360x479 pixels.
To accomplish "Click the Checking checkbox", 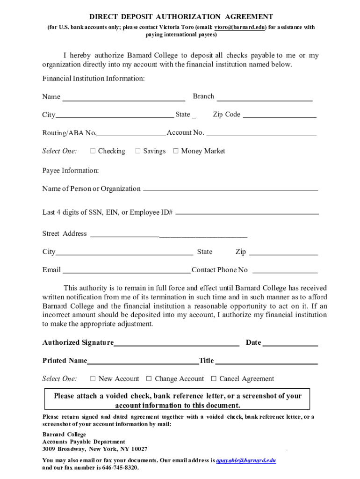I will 93,151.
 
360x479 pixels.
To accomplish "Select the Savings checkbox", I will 138,151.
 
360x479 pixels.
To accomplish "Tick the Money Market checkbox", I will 176,151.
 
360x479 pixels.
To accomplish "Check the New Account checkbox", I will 93,379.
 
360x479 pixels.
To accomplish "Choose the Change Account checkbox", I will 149,379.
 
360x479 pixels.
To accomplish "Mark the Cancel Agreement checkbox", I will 214,379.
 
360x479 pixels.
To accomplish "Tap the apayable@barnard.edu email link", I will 245,460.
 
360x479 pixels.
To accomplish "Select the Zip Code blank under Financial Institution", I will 280,117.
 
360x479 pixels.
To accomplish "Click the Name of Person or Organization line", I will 230,190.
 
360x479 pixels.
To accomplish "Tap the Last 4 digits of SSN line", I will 247,213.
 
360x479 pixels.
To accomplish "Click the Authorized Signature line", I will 177,345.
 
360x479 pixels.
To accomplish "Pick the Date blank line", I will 290,345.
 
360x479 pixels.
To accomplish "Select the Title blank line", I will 266,363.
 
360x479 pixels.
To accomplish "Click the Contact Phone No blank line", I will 285,272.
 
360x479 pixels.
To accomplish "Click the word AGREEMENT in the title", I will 250,17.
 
